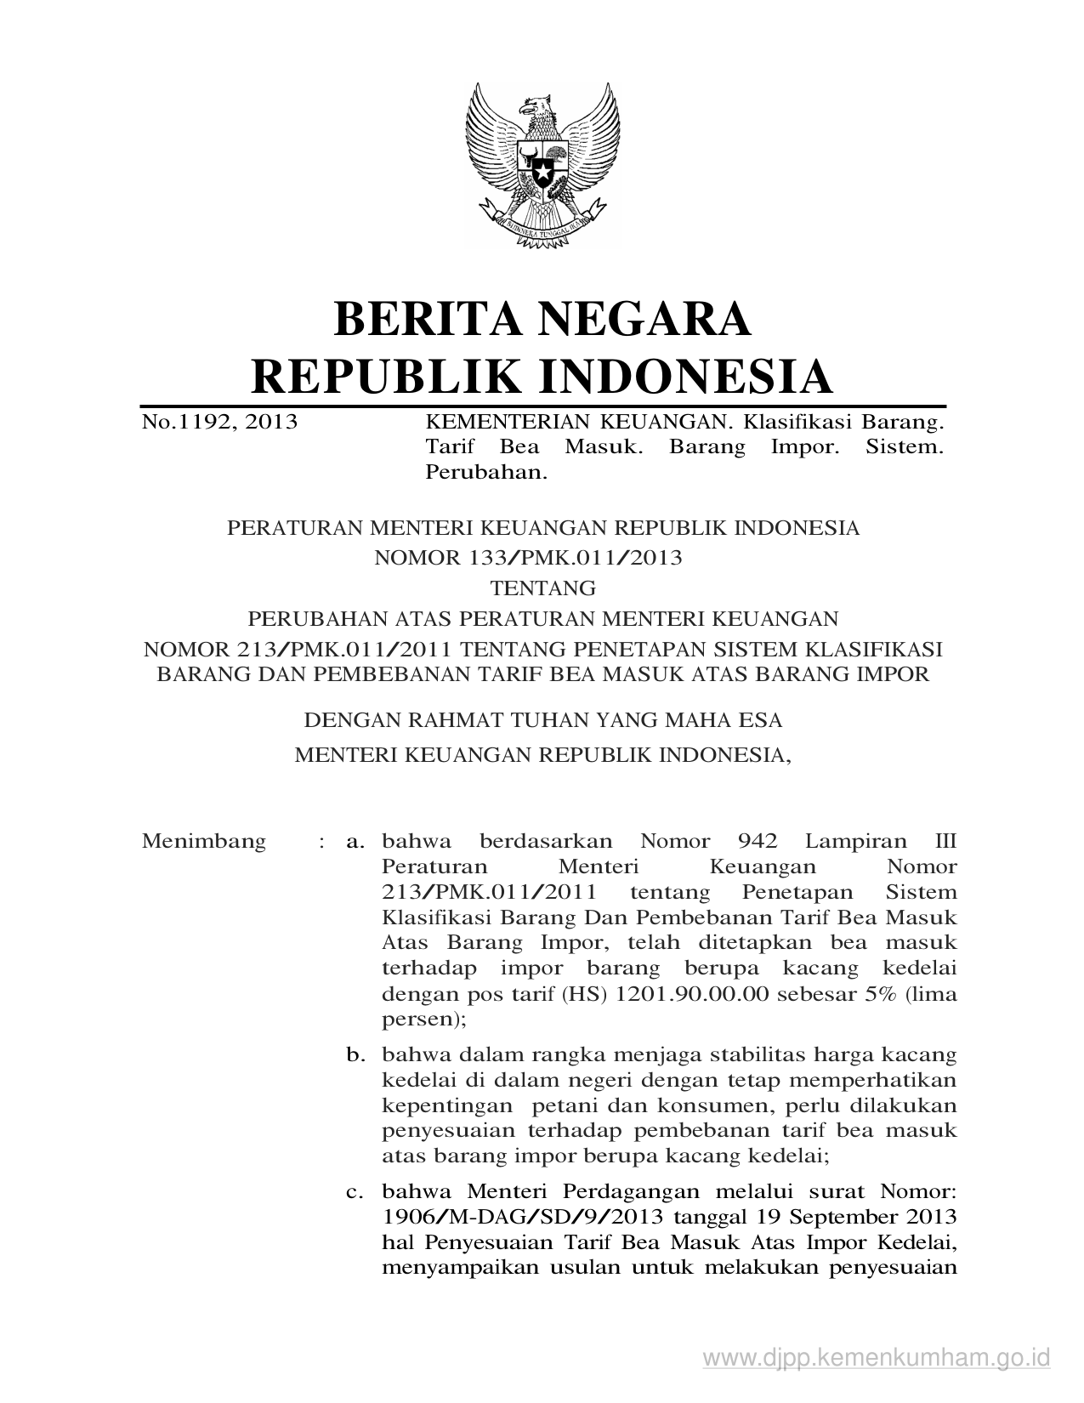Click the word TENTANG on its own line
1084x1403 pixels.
pyautogui.click(x=543, y=588)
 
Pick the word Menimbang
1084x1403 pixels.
pyautogui.click(x=204, y=842)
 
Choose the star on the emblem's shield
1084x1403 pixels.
pyautogui.click(x=542, y=174)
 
